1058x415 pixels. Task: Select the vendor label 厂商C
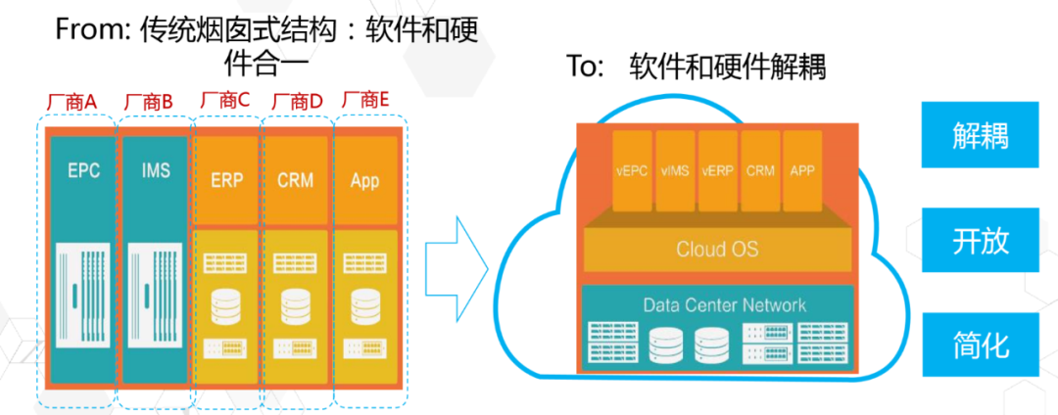pyautogui.click(x=224, y=100)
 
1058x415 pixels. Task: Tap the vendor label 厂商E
pyautogui.click(x=367, y=100)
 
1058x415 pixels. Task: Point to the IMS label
pyautogui.click(x=149, y=171)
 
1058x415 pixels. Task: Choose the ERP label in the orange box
pyautogui.click(x=227, y=181)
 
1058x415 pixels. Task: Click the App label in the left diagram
pyautogui.click(x=364, y=181)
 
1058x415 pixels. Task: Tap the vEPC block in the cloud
pyautogui.click(x=632, y=170)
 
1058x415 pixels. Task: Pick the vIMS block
pyautogui.click(x=675, y=170)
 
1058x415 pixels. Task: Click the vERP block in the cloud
pyautogui.click(x=718, y=170)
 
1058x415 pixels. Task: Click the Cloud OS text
pyautogui.click(x=717, y=249)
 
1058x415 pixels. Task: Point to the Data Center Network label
pyautogui.click(x=724, y=304)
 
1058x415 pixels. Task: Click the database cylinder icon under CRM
pyautogui.click(x=294, y=306)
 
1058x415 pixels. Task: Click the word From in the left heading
pyautogui.click(x=84, y=30)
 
